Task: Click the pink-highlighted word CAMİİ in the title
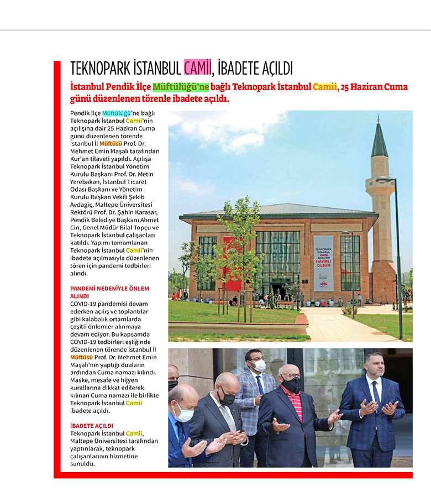tap(197, 68)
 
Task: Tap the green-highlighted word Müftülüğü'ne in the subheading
tap(181, 87)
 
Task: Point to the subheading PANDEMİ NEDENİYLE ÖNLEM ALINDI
tap(109, 292)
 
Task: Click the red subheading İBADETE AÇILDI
tap(92, 426)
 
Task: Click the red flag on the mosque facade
tap(232, 265)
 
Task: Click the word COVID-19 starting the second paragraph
tap(85, 304)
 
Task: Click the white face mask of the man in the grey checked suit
tap(258, 365)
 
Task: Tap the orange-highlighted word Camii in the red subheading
tap(324, 87)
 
